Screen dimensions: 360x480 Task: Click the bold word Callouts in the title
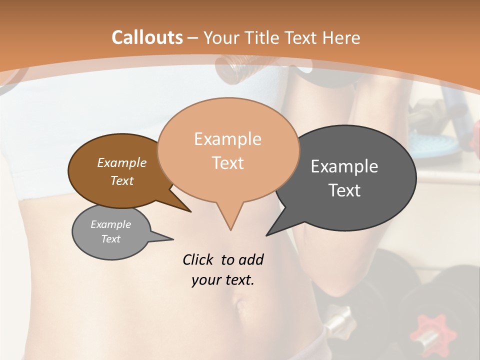147,37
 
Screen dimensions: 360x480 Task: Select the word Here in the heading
340,37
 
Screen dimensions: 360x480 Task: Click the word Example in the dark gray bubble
344,166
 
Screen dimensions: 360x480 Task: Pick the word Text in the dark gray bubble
344,190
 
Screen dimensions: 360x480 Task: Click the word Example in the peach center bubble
227,139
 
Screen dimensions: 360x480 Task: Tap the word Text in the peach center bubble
227,163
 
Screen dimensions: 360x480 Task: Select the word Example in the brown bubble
122,162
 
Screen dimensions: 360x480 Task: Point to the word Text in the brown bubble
122,180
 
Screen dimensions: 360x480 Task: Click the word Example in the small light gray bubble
111,224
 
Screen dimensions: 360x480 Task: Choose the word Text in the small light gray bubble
111,239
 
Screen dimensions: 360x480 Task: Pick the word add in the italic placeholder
251,259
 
